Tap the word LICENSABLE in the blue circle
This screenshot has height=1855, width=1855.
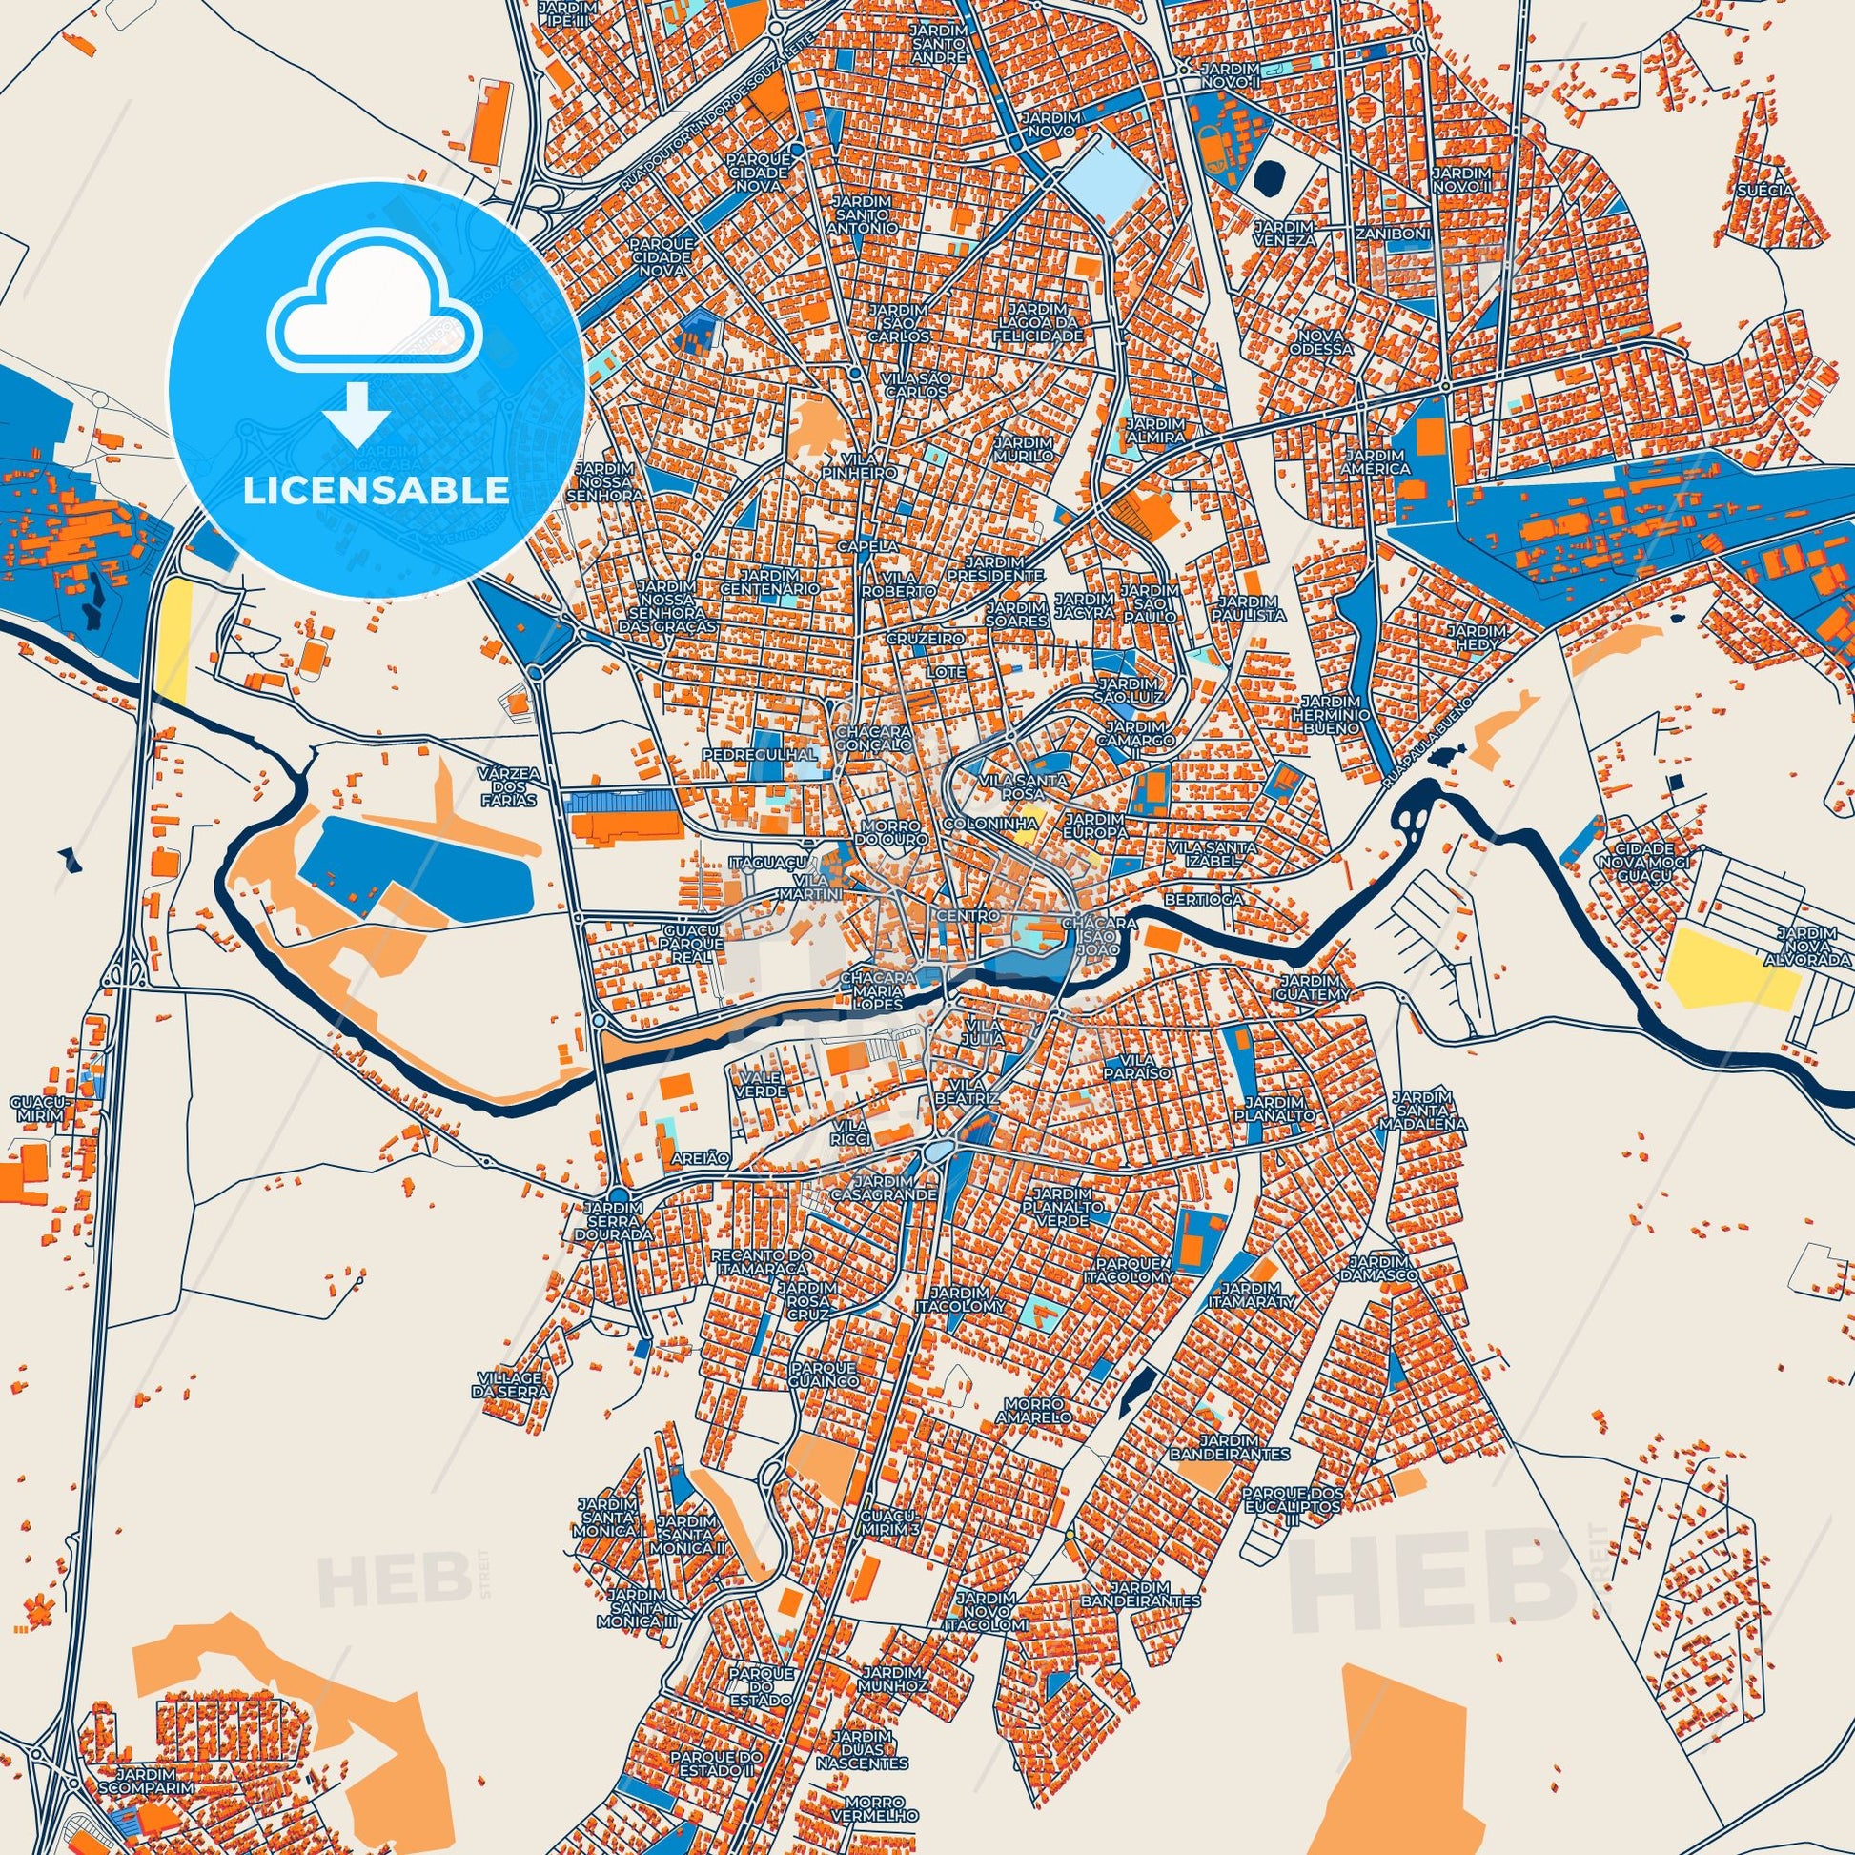377,490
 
